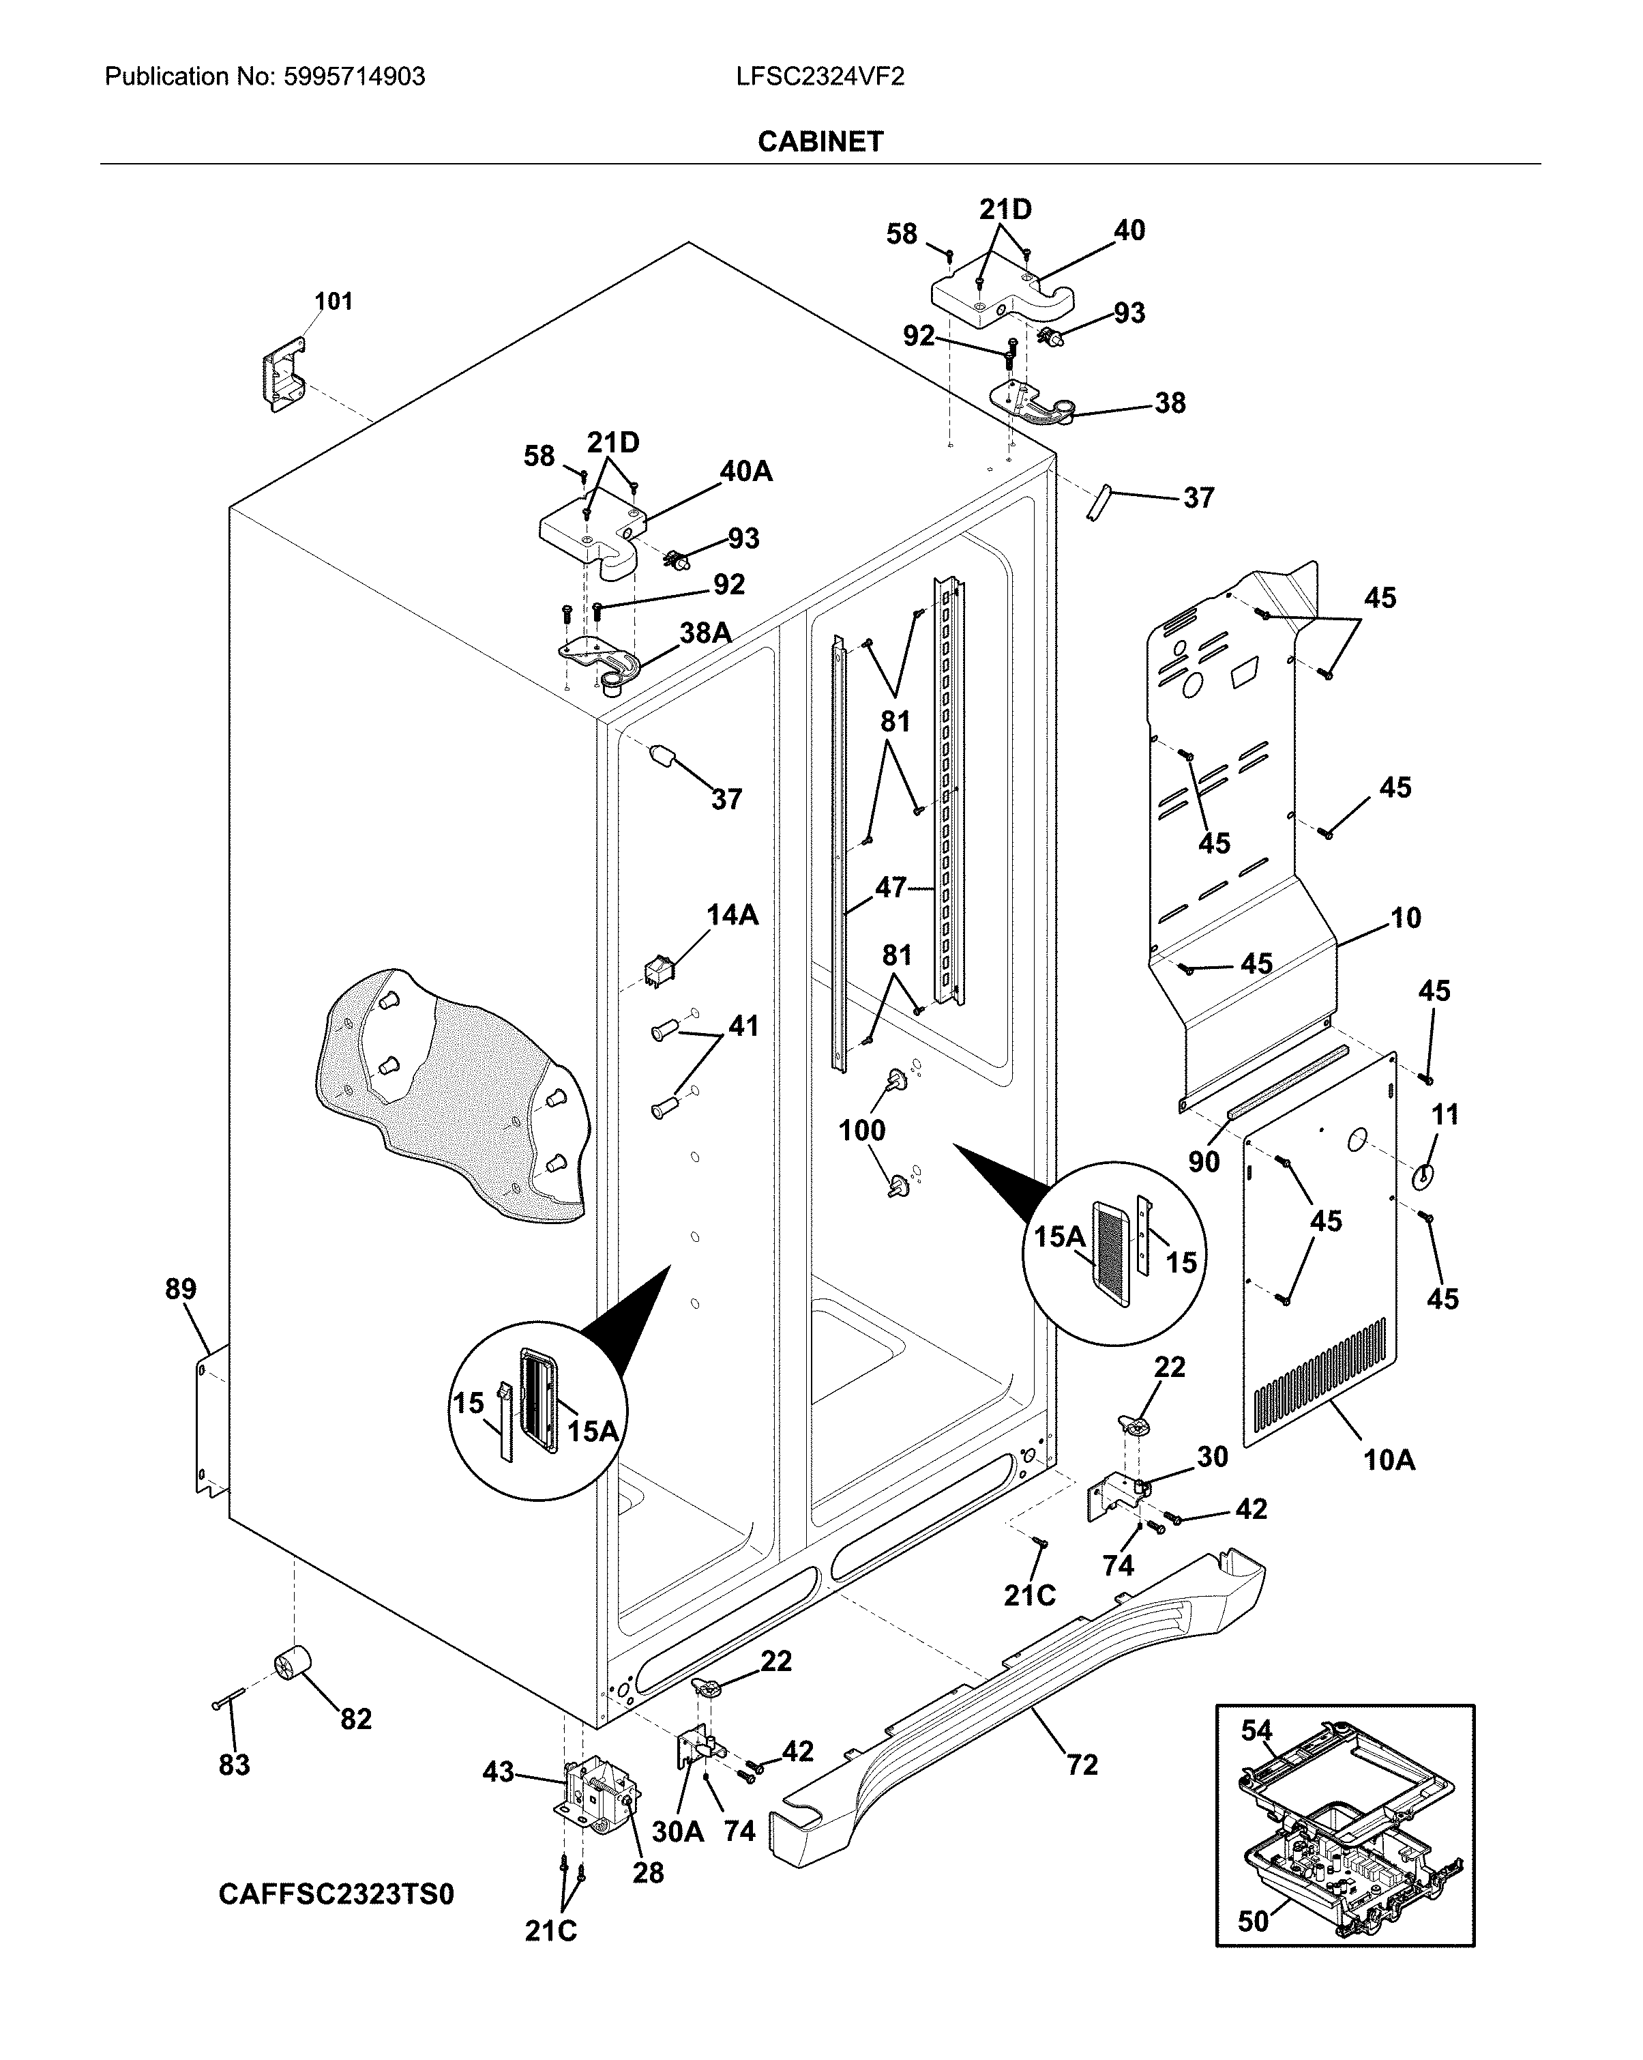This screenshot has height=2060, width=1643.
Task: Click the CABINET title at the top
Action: (820, 141)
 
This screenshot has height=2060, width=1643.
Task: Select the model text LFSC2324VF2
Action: (820, 76)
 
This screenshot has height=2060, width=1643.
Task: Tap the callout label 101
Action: (334, 302)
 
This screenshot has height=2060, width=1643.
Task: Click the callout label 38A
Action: (705, 632)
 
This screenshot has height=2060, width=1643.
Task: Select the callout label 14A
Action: (732, 915)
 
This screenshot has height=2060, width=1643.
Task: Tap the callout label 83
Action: (234, 1765)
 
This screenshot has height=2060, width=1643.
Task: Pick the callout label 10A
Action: (1388, 1460)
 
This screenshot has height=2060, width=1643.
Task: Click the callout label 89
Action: (181, 1289)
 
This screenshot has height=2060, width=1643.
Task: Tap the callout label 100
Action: (861, 1131)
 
